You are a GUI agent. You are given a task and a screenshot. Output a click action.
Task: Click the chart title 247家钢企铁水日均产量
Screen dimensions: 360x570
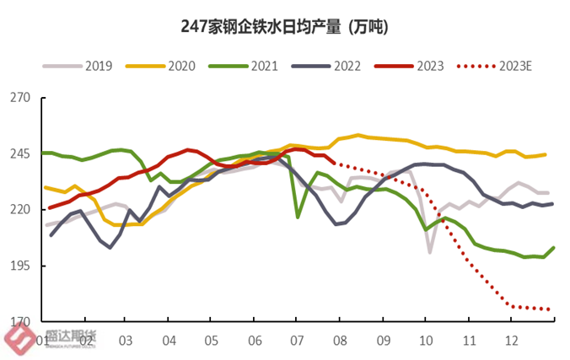(284, 26)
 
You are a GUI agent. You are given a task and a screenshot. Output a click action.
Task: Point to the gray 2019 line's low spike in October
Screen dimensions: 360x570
(430, 252)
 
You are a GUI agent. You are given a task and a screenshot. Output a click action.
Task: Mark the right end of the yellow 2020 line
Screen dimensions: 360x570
(546, 154)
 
